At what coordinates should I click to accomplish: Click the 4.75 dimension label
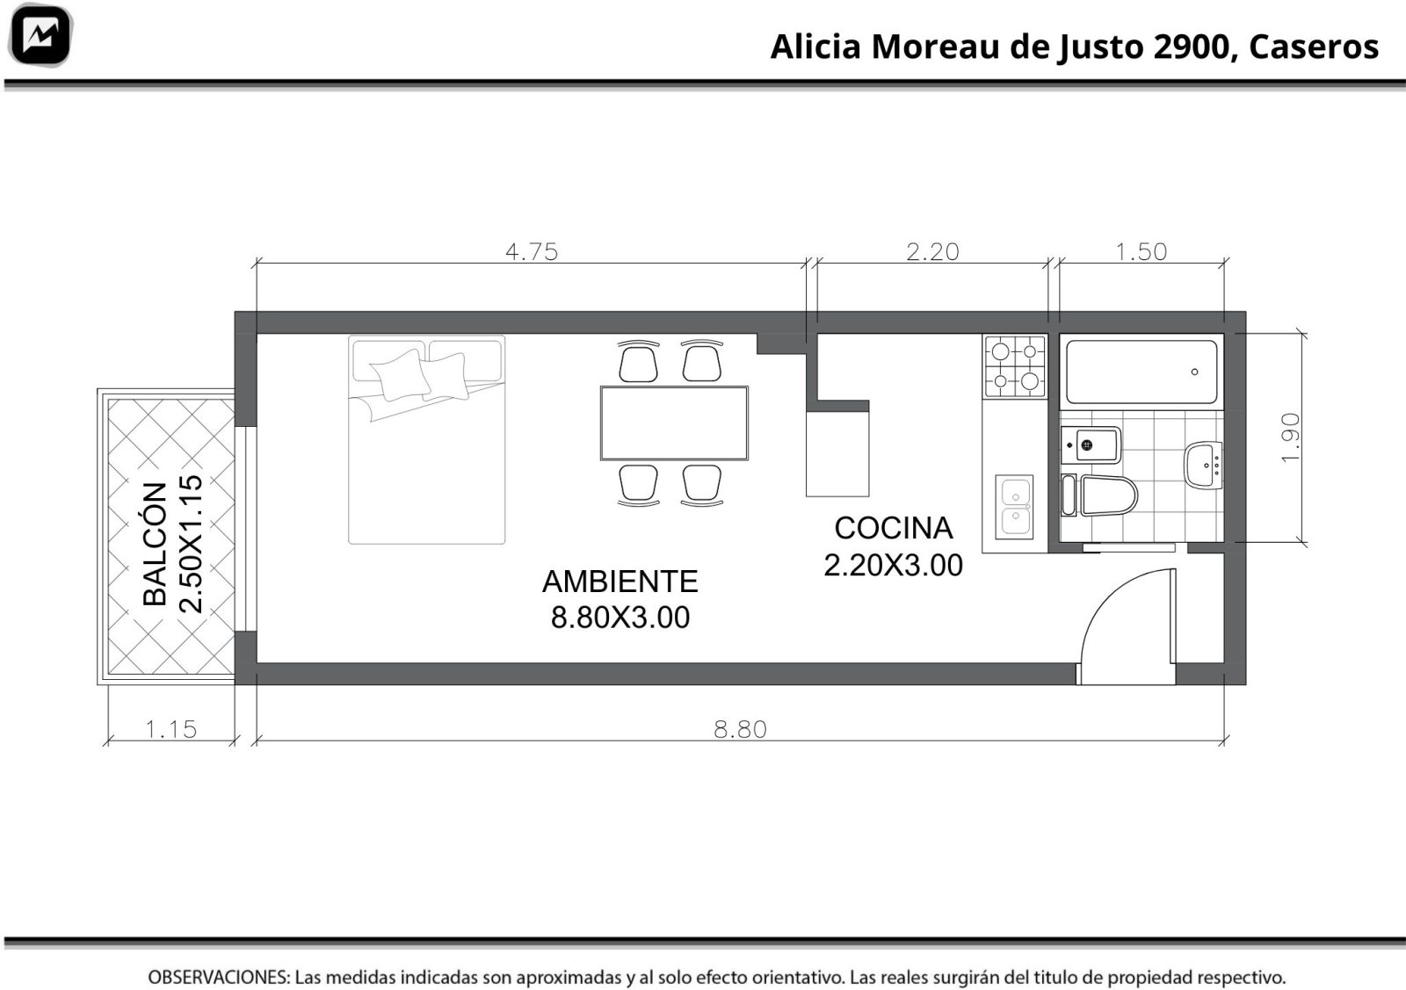click(x=532, y=251)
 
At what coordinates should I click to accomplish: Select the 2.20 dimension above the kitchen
click(x=932, y=251)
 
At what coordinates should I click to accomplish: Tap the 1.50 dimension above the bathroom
click(x=1141, y=251)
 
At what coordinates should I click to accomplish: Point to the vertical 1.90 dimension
click(x=1291, y=438)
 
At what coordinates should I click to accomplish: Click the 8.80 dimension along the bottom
click(x=740, y=729)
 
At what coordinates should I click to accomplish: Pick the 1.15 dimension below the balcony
click(x=170, y=729)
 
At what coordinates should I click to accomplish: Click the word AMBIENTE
click(x=620, y=581)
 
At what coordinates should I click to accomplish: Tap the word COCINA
click(x=893, y=528)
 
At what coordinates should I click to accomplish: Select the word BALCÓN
click(x=155, y=544)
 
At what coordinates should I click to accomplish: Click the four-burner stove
click(x=1015, y=366)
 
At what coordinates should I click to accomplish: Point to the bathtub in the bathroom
click(x=1141, y=372)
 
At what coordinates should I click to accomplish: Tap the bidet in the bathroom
click(x=1091, y=444)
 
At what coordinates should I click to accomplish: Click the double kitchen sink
click(x=1014, y=507)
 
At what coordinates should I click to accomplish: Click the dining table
click(x=674, y=423)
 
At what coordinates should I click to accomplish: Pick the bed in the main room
click(x=427, y=440)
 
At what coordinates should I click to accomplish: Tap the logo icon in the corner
click(x=40, y=35)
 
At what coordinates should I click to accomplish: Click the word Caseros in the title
click(x=1314, y=47)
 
